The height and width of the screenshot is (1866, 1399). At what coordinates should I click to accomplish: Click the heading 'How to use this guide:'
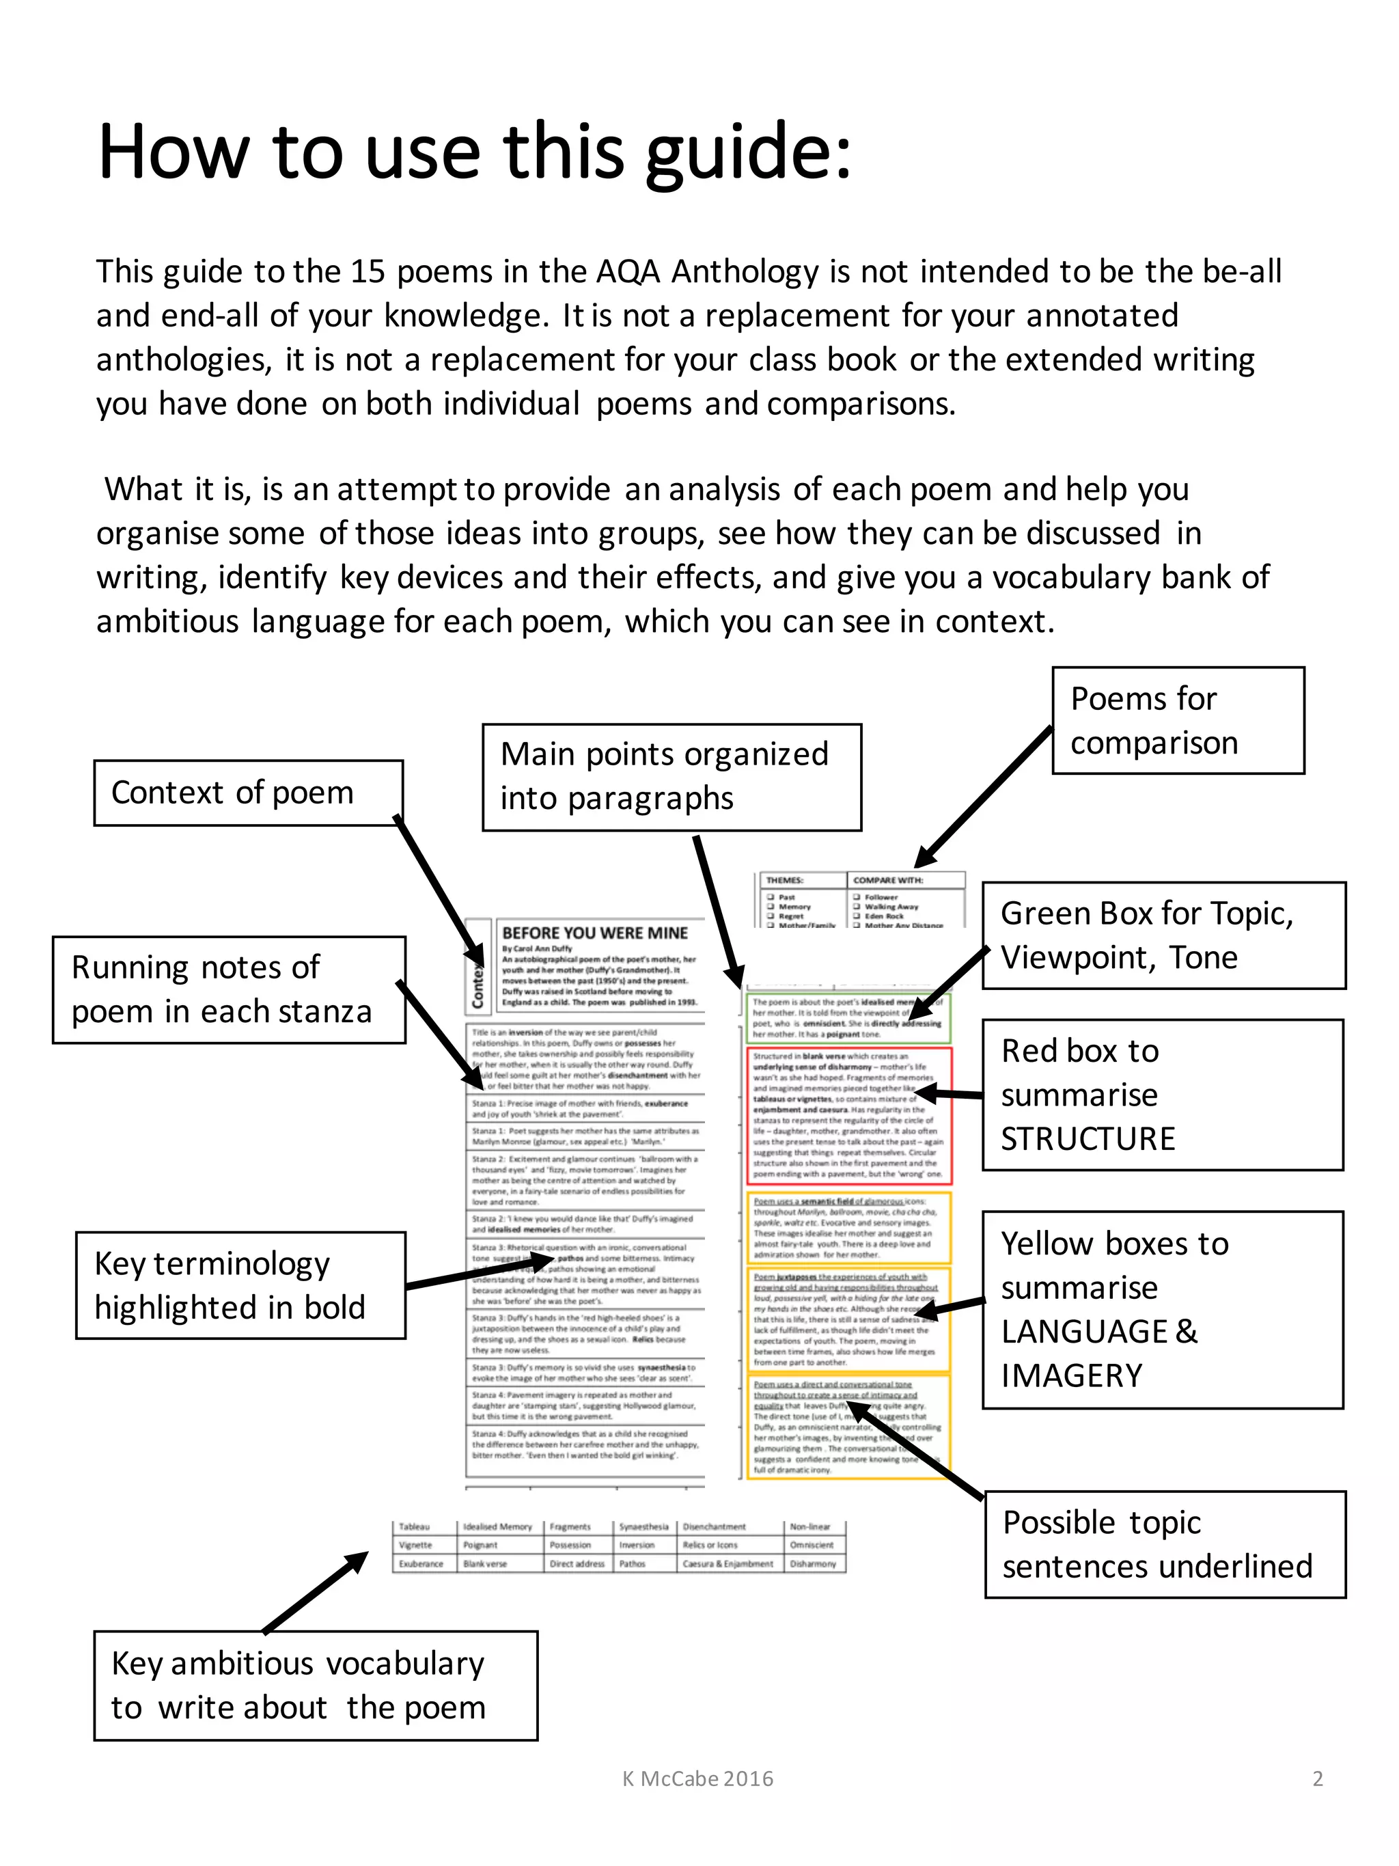coord(474,152)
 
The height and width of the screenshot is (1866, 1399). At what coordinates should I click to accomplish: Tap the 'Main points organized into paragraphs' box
coord(671,776)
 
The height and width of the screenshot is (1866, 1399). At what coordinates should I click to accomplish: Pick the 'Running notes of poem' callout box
coord(229,989)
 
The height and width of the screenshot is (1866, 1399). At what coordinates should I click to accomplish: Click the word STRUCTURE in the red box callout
coord(1087,1139)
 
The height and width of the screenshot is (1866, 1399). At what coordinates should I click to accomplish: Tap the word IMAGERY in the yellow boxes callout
coord(1071,1376)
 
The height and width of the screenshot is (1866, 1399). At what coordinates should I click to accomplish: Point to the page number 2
coord(1317,1779)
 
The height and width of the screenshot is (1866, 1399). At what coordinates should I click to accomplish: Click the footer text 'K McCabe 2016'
coord(697,1779)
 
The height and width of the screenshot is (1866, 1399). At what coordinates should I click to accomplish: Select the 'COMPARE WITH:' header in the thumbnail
coord(887,880)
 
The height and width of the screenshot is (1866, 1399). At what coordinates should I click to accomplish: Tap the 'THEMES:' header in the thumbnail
coord(784,880)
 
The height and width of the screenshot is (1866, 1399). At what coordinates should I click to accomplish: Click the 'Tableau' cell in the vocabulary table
coord(414,1527)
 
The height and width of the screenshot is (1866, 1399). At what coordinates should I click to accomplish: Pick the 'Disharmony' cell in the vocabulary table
coord(812,1564)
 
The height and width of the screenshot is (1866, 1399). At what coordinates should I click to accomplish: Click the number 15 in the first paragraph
coord(368,272)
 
